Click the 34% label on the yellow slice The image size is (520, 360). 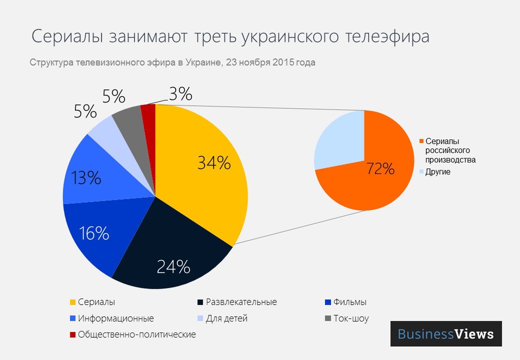click(x=214, y=163)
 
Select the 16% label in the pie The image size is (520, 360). click(x=94, y=233)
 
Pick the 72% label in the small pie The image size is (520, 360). click(x=380, y=169)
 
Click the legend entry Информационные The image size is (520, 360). click(x=115, y=318)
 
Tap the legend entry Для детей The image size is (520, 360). click(x=226, y=318)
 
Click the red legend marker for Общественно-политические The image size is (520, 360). click(x=72, y=335)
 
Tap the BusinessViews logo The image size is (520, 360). click(x=446, y=333)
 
